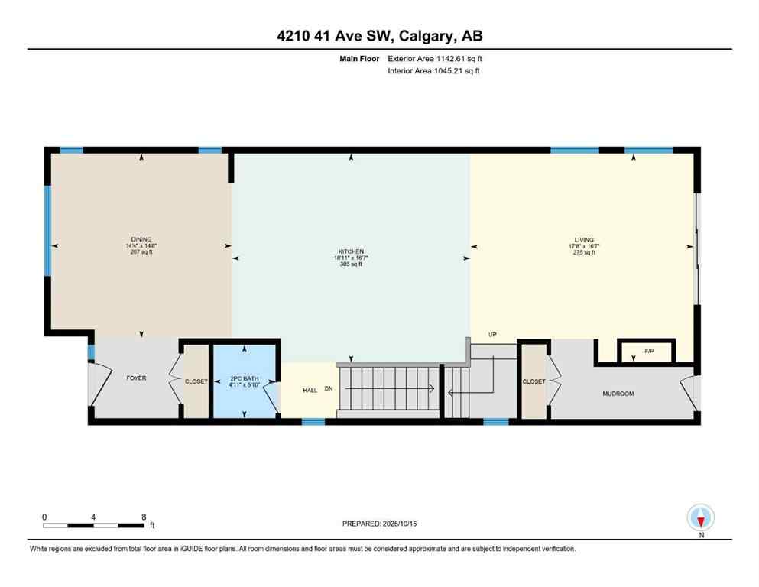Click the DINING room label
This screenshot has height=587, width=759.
click(141, 239)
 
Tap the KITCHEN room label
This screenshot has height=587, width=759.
click(351, 251)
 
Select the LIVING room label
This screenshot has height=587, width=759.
click(584, 239)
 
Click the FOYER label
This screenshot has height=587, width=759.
click(136, 378)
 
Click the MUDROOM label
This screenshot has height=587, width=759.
click(618, 394)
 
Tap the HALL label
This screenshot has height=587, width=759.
click(310, 390)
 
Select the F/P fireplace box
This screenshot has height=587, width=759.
click(647, 352)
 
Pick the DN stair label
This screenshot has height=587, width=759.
click(329, 389)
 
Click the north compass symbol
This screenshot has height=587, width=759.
click(700, 517)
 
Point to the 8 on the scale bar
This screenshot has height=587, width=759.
click(144, 517)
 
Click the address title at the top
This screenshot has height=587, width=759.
click(379, 35)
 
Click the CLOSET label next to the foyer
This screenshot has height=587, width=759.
click(196, 381)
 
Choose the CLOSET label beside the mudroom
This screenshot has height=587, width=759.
click(533, 381)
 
